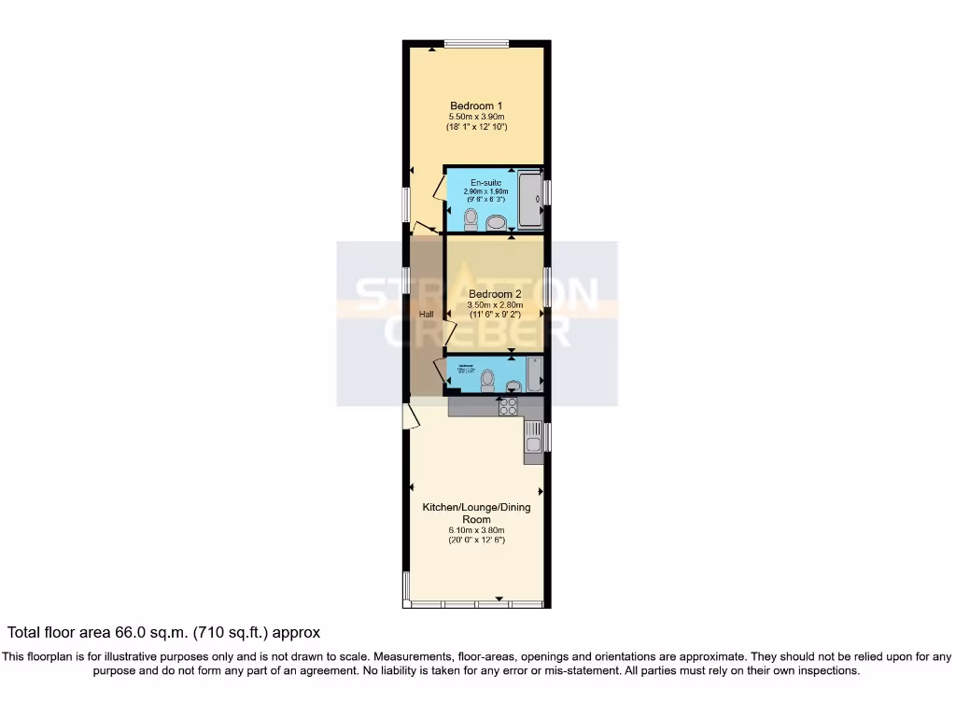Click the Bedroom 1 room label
476,105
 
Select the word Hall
426,315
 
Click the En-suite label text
485,182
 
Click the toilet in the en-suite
471,219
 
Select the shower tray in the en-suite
531,199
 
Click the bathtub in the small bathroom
534,374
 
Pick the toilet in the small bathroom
485,381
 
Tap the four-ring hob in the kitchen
510,406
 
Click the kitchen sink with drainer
532,438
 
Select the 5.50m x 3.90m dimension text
476,116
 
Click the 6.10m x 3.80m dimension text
476,530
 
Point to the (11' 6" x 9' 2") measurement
495,316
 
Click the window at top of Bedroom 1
476,42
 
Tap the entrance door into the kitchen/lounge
409,415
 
